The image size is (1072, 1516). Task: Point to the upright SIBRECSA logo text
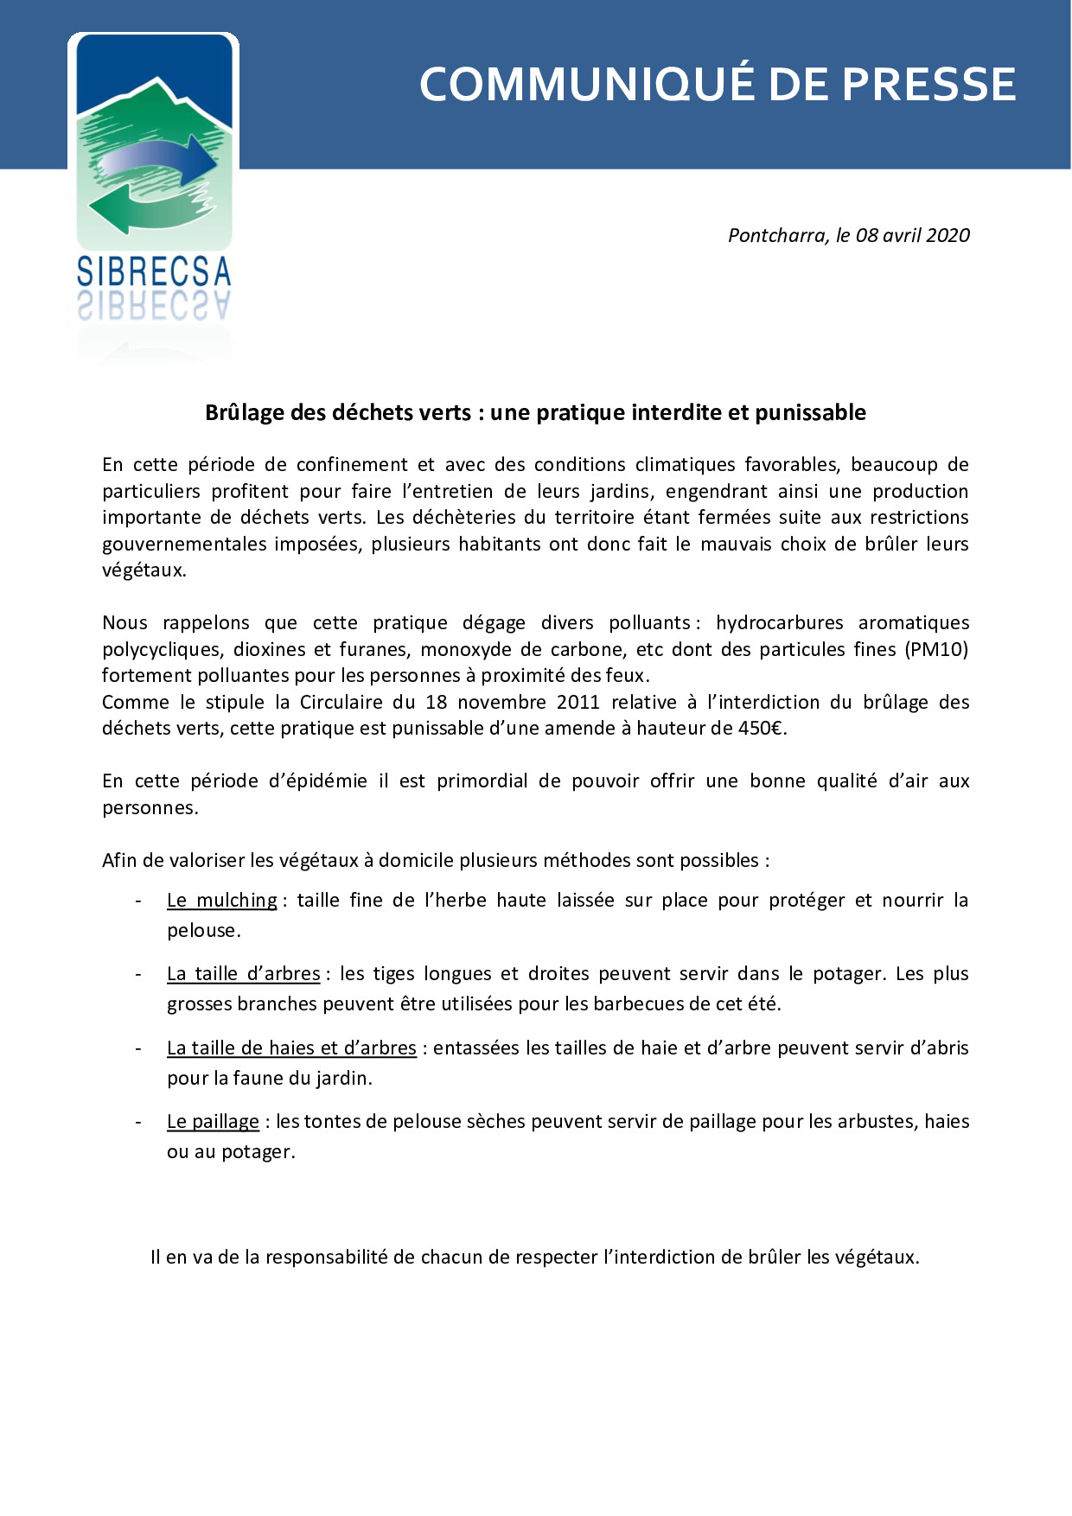click(154, 272)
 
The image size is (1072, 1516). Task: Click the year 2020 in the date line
click(948, 235)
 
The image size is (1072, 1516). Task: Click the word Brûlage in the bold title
click(245, 412)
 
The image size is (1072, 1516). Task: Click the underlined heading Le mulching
click(222, 900)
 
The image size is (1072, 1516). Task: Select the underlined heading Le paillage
click(213, 1121)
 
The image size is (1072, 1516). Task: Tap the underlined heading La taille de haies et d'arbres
click(291, 1048)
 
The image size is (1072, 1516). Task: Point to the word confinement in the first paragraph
click(352, 464)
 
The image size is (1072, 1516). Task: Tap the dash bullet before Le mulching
click(138, 900)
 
